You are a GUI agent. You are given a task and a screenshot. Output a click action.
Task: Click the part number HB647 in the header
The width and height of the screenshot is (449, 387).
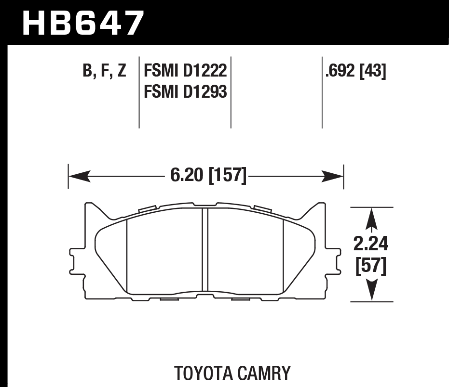point(83,23)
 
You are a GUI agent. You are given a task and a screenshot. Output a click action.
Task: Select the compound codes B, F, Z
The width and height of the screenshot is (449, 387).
point(104,71)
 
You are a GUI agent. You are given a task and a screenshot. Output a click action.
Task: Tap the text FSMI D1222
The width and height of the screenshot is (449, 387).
point(185,71)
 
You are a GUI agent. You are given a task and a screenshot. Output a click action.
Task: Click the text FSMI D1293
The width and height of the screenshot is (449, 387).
point(185,91)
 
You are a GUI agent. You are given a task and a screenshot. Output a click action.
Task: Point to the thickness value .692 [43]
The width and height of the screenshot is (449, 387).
point(355,71)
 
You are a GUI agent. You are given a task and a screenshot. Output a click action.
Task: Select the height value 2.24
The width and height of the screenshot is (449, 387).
point(370,245)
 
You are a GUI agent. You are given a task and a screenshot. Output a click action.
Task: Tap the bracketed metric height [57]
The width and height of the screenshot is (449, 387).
point(370,266)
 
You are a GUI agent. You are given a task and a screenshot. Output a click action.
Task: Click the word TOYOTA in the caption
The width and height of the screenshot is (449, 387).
point(203,373)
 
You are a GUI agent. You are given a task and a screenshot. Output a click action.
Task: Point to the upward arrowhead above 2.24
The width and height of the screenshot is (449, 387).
point(370,219)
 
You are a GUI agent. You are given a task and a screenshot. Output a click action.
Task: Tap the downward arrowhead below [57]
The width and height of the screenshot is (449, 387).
point(370,291)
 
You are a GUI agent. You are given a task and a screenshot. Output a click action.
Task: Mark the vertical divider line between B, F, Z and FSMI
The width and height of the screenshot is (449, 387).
point(139,91)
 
